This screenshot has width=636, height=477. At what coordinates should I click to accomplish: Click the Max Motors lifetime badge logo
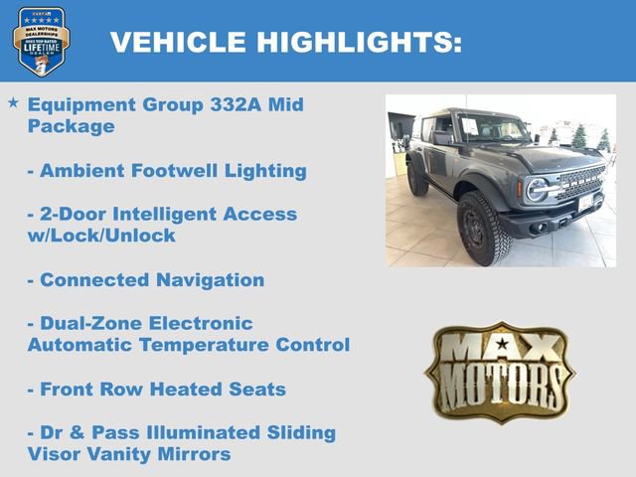41,41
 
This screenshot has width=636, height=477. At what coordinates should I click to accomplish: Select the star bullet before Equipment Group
13,103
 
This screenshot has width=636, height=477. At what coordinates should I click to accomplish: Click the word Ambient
81,170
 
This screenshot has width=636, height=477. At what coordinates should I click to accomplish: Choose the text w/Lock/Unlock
101,236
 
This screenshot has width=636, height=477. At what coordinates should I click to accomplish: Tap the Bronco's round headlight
538,190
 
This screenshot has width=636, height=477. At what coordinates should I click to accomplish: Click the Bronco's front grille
579,183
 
